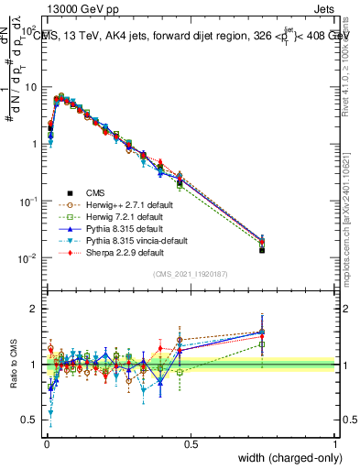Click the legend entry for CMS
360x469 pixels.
95,192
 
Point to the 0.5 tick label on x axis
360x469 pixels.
190,443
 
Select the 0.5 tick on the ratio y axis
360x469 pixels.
33,420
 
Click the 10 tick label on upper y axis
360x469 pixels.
30,86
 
